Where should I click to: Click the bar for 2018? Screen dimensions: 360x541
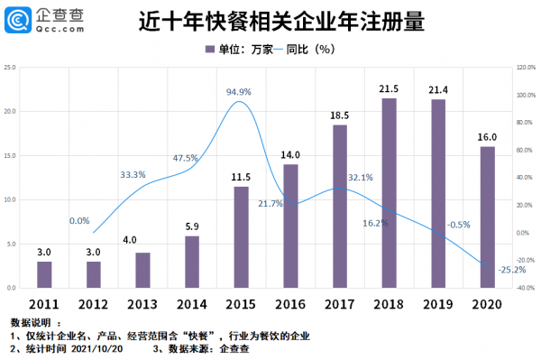pyautogui.click(x=389, y=193)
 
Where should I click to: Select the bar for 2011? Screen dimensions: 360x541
pyautogui.click(x=44, y=274)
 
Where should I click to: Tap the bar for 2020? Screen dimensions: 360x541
pyautogui.click(x=487, y=217)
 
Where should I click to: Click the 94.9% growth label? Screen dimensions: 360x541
pyautogui.click(x=239, y=92)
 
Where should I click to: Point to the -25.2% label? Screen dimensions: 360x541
pyautogui.click(x=491, y=268)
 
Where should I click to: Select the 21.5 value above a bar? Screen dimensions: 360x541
pyautogui.click(x=389, y=89)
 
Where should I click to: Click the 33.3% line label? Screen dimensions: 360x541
pyautogui.click(x=133, y=174)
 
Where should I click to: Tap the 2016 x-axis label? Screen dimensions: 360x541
pyautogui.click(x=290, y=302)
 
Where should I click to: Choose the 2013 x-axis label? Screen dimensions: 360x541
pyautogui.click(x=142, y=302)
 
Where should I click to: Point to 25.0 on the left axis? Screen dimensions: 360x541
pyautogui.click(x=10, y=67)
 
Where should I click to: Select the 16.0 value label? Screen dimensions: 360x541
pyautogui.click(x=487, y=137)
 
